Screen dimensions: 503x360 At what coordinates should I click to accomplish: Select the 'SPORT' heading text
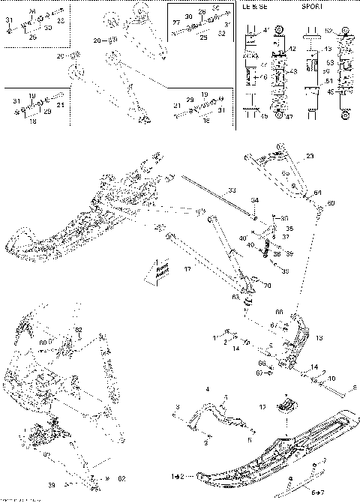pos(312,6)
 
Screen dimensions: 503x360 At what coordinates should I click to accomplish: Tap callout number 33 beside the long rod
pos(232,191)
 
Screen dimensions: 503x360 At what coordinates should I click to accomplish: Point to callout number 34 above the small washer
pos(254,201)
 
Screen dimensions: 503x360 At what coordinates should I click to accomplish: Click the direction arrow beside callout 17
pos(160,269)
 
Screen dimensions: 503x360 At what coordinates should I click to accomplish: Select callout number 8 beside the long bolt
pos(354,387)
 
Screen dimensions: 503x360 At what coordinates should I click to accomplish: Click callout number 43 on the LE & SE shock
pos(293,70)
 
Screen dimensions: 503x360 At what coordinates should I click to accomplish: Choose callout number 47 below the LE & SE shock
pos(289,116)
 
